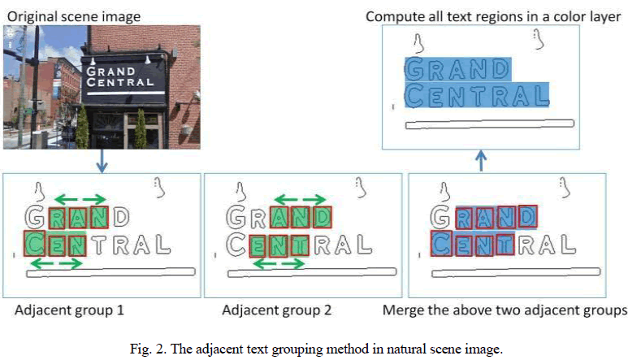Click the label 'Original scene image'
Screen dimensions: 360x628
[74, 16]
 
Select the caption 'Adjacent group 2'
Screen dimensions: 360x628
[276, 310]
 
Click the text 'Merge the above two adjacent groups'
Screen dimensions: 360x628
[505, 310]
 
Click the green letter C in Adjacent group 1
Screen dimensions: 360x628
[35, 242]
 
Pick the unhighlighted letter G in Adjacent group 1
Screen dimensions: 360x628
[35, 217]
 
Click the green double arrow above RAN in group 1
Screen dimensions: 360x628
[79, 199]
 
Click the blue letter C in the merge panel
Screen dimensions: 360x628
[442, 242]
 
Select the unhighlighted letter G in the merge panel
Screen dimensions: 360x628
[441, 217]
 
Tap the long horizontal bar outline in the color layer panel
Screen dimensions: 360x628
[490, 124]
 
